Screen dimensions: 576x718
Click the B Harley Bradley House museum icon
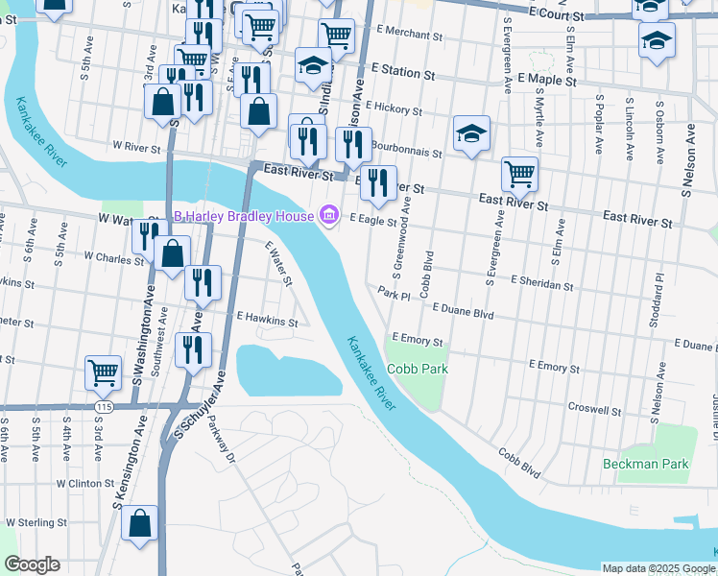pos(329,215)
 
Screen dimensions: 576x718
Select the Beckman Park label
pos(646,464)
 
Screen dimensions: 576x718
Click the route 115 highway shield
pos(103,407)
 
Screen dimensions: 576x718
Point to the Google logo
pos(32,564)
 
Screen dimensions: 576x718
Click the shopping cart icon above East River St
pos(519,175)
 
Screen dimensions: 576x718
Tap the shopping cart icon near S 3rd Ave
pos(103,372)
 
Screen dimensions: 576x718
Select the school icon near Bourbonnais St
pos(471,133)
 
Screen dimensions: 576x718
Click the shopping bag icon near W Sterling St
pos(140,524)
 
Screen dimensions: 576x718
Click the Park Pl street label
pos(394,295)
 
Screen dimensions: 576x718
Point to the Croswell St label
pos(594,410)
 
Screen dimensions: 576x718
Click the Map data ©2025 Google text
pos(658,568)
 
